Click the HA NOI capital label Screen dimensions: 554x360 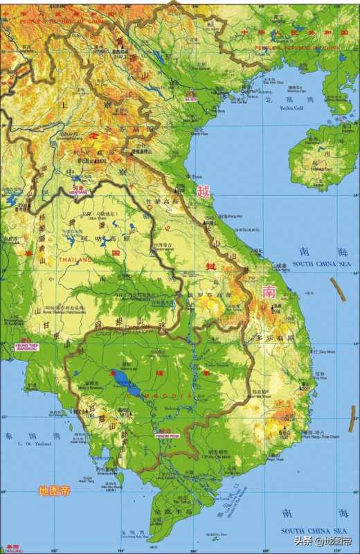191,100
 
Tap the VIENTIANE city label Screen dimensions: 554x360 80,191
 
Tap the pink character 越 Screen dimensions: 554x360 203,192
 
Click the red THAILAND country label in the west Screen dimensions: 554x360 75,259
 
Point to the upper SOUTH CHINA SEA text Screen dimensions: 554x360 322,264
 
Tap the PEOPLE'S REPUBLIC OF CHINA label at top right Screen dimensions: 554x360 298,47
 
